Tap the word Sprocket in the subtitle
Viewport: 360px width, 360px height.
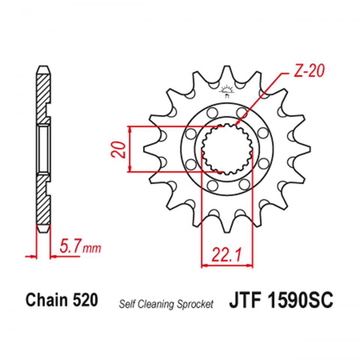pyautogui.click(x=199, y=303)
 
